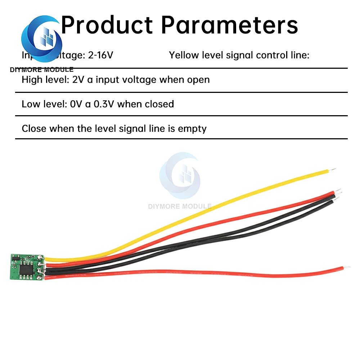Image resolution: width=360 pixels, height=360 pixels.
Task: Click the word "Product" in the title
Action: [x=107, y=25]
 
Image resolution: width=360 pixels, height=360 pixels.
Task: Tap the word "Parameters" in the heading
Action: [x=229, y=25]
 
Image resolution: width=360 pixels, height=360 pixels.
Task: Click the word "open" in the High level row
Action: [x=198, y=80]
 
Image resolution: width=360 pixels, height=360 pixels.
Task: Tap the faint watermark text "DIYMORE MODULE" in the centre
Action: [x=180, y=206]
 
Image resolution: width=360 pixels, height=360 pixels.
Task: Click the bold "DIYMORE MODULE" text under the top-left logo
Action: [x=42, y=69]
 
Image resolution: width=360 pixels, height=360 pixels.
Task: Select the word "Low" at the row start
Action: [x=30, y=104]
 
